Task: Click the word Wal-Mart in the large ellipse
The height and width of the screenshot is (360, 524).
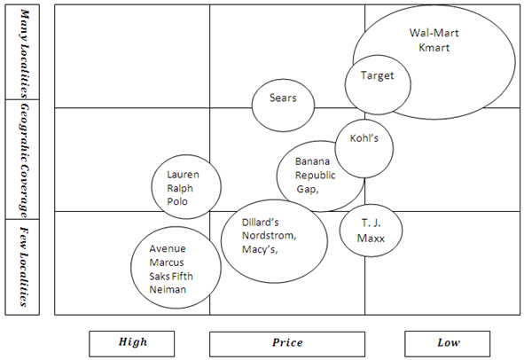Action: click(x=434, y=33)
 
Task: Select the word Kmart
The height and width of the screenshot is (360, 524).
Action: click(x=434, y=47)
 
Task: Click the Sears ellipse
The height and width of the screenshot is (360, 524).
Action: click(x=283, y=98)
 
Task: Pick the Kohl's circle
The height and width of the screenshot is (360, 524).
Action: click(x=364, y=140)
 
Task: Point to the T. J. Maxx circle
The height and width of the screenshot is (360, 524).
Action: click(x=371, y=231)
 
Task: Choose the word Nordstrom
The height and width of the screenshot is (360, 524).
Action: click(x=270, y=236)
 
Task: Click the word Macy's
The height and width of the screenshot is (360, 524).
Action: click(x=260, y=250)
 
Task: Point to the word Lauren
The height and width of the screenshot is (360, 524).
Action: click(x=183, y=175)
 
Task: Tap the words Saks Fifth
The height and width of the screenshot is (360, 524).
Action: click(x=174, y=276)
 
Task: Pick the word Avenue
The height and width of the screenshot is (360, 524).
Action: click(x=167, y=248)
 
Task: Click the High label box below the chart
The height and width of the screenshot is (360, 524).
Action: click(x=133, y=342)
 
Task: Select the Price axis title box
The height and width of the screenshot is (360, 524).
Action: click(x=286, y=342)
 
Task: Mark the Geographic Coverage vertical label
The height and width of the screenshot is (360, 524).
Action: click(x=26, y=159)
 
